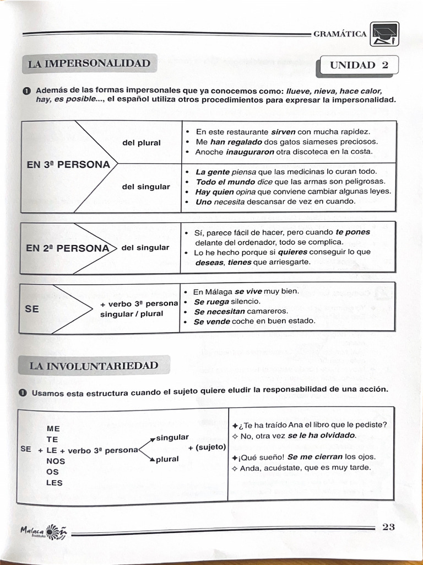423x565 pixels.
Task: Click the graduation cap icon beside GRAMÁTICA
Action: point(384,34)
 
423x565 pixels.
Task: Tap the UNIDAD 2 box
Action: point(359,65)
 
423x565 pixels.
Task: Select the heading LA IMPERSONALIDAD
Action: point(89,63)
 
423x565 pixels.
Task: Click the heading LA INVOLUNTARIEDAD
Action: point(94,366)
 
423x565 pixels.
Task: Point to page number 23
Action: point(388,527)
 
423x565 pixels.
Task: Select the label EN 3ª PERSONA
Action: point(68,164)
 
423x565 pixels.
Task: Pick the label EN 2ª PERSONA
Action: point(68,248)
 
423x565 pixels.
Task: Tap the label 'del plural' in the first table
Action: point(142,143)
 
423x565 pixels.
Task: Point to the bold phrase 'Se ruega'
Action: point(211,302)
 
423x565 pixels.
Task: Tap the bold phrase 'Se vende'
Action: point(211,321)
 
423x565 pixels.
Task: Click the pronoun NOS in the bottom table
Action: point(56,461)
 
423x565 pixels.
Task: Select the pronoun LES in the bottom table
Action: point(55,483)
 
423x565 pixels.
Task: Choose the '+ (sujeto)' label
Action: point(207,447)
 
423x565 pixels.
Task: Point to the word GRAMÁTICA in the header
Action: point(340,34)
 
